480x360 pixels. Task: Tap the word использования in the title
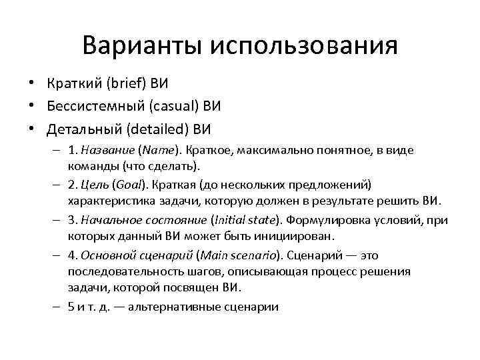tap(304, 47)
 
